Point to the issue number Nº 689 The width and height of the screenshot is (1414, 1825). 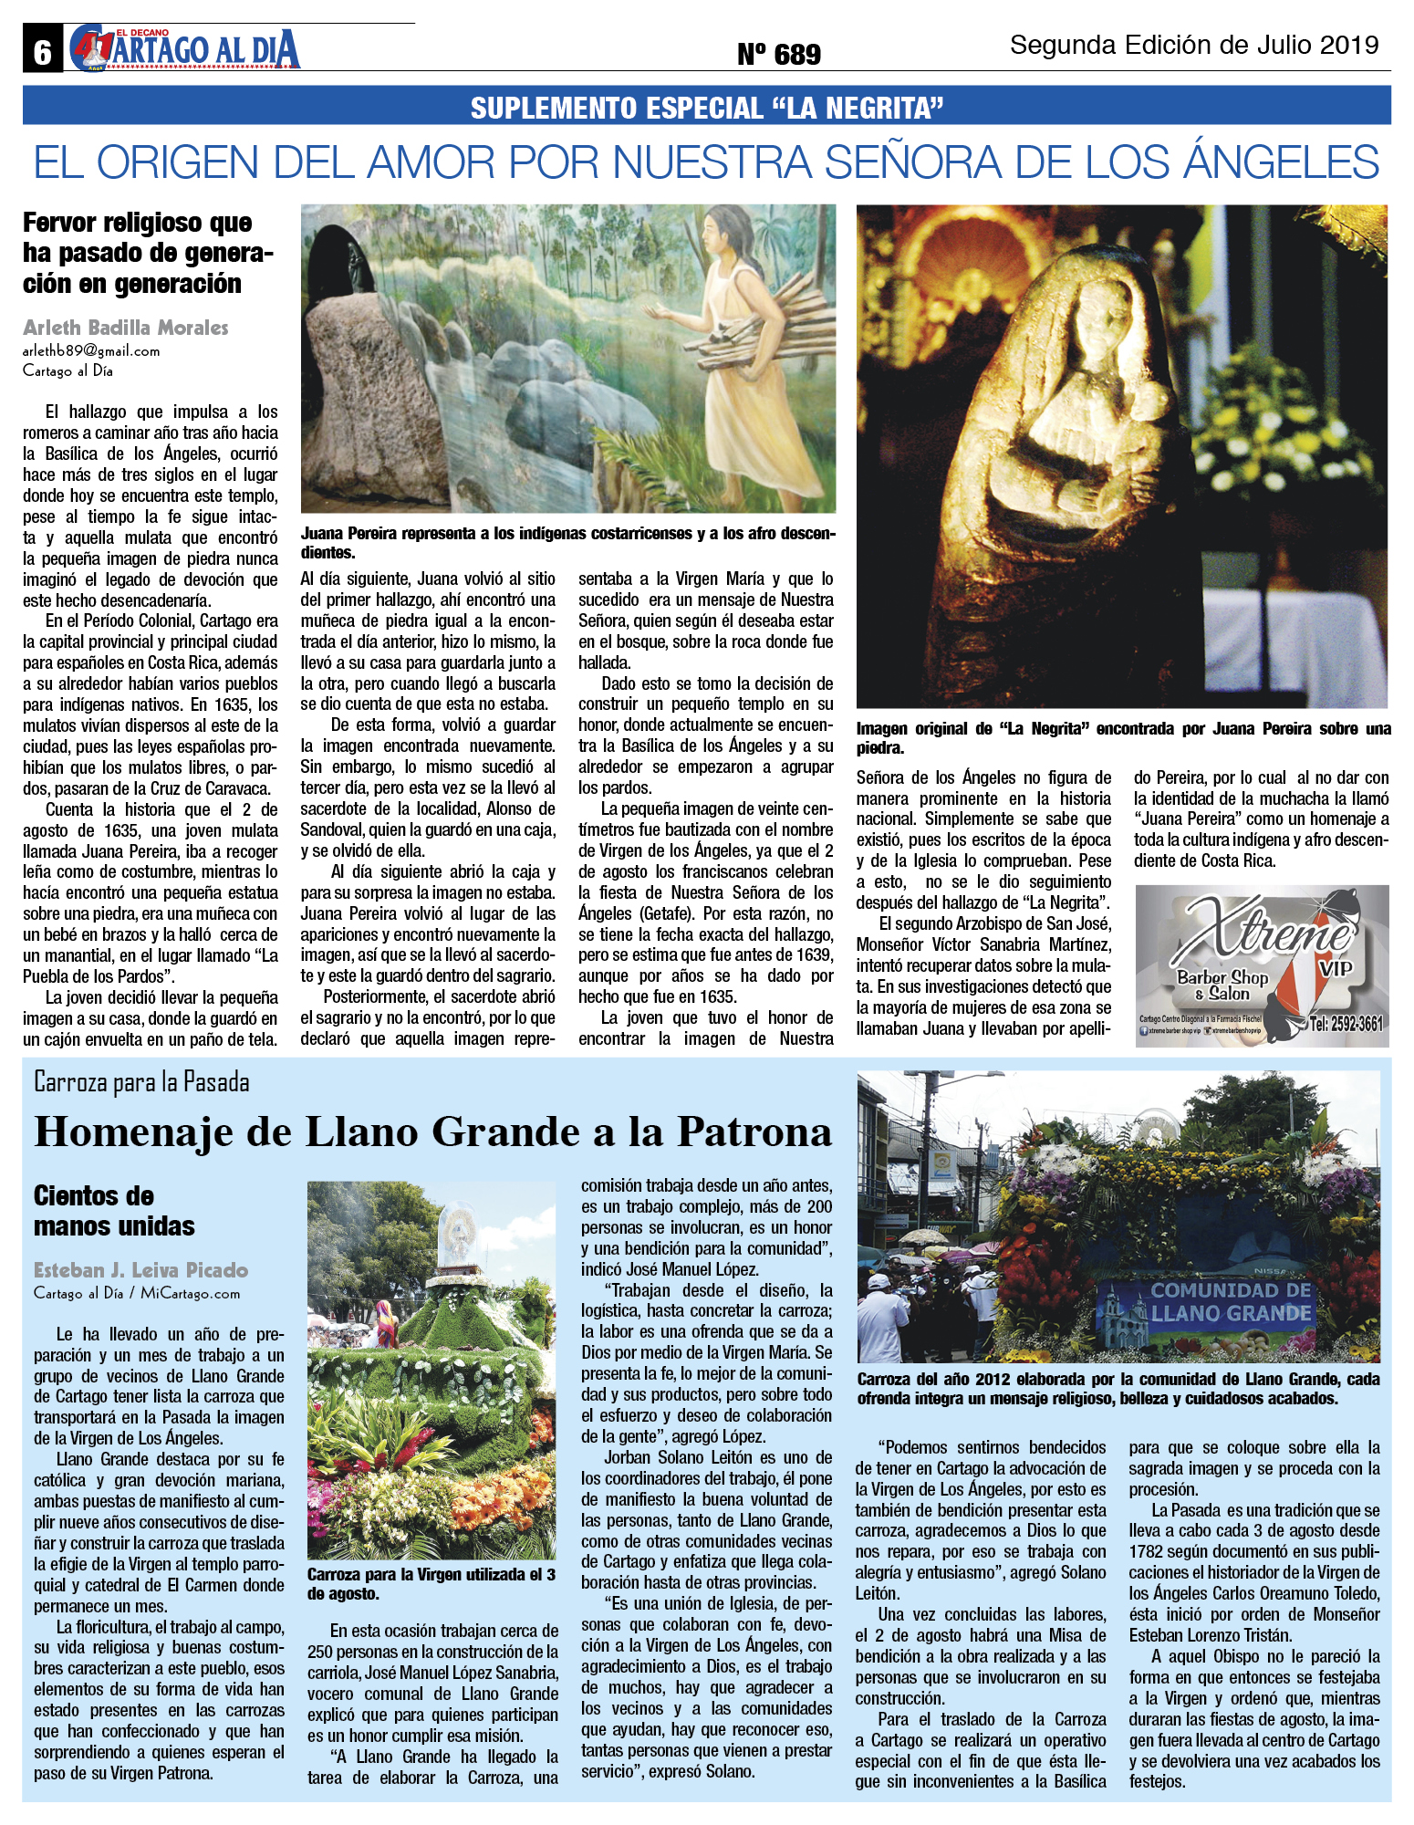coord(778,55)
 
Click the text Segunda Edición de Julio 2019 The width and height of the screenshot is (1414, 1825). coord(1193,45)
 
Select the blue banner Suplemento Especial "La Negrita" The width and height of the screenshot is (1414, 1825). coord(706,107)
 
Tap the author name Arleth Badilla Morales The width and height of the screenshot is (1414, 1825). coord(126,328)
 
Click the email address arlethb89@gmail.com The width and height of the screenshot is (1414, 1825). coord(91,350)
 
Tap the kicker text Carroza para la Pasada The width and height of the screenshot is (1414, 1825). coord(141,1082)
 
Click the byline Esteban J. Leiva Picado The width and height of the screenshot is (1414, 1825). coord(140,1269)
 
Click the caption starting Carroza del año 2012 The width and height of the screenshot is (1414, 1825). coord(1118,1388)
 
